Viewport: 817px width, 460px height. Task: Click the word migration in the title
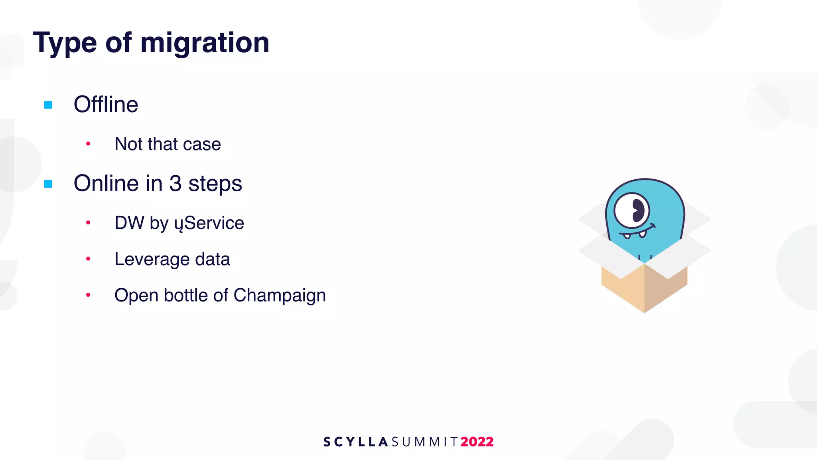point(205,43)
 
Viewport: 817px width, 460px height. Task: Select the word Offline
point(106,105)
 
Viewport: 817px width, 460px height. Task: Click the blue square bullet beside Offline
point(48,105)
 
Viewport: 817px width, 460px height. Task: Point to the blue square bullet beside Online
point(48,184)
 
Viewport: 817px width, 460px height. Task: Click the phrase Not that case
point(168,144)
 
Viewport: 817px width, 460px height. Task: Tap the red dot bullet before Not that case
point(88,144)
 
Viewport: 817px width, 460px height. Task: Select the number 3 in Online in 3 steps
point(176,184)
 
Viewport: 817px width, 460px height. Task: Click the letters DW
point(129,223)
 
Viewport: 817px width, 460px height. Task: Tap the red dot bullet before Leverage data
point(88,259)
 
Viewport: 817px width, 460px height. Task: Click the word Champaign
point(280,296)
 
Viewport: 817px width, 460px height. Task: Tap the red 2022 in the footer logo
point(477,442)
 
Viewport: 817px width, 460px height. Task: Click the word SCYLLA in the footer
point(355,442)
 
